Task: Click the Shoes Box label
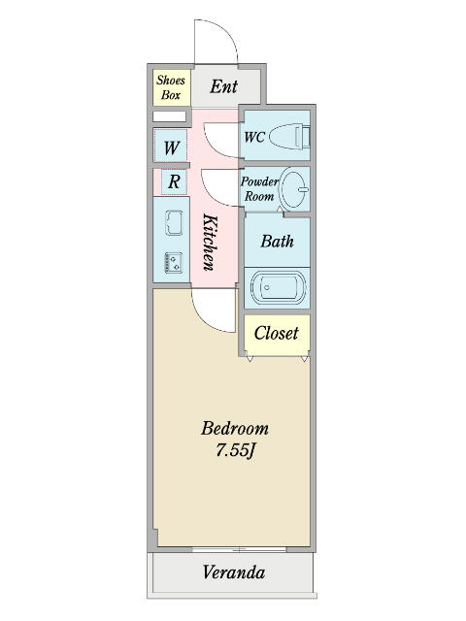tap(171, 87)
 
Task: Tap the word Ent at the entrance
tap(224, 86)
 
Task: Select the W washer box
tap(171, 146)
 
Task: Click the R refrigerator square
tap(174, 181)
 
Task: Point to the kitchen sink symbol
tap(174, 223)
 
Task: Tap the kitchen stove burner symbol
tap(174, 263)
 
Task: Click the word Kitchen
tap(210, 242)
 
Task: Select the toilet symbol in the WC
tap(289, 136)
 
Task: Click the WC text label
tap(254, 137)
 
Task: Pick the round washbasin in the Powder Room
tap(294, 188)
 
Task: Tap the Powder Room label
tap(259, 189)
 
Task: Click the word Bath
tap(278, 241)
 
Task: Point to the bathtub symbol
tap(278, 287)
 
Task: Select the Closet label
tap(276, 333)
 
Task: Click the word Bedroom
tap(235, 429)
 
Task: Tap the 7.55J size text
tap(235, 450)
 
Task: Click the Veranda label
tap(234, 572)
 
